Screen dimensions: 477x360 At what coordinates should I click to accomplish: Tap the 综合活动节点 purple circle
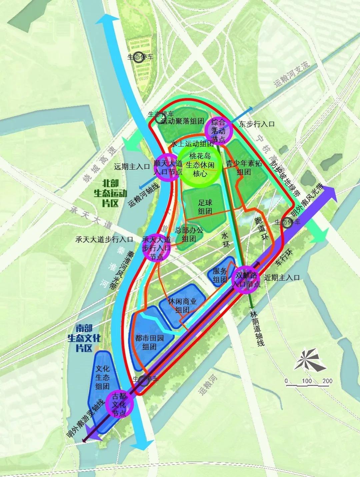pyautogui.click(x=218, y=131)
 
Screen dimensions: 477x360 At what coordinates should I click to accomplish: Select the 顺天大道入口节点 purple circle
pyautogui.click(x=168, y=168)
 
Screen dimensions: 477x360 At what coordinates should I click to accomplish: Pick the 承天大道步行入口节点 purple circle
pyautogui.click(x=156, y=248)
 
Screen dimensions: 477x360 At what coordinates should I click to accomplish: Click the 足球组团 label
pyautogui.click(x=205, y=207)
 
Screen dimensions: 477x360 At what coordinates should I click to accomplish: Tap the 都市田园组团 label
pyautogui.click(x=150, y=342)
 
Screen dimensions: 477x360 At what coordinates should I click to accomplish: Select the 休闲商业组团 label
pyautogui.click(x=182, y=305)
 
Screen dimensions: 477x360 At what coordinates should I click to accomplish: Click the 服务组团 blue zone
pyautogui.click(x=220, y=271)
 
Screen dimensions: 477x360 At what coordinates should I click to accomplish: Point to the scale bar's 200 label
pyautogui.click(x=327, y=381)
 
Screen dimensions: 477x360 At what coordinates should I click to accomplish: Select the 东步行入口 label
pyautogui.click(x=257, y=124)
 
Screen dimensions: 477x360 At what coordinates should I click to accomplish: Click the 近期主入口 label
pyautogui.click(x=282, y=277)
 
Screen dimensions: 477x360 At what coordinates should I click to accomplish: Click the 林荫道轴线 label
pyautogui.click(x=257, y=328)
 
